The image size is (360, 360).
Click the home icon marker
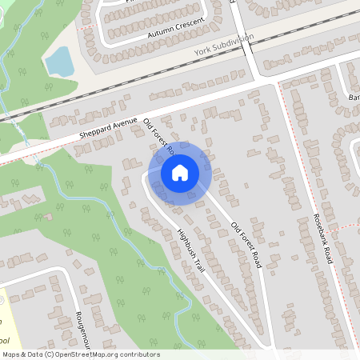click(x=180, y=173)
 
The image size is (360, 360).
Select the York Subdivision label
click(x=224, y=45)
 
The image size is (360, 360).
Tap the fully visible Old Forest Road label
click(x=247, y=244)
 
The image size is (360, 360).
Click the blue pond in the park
click(x=58, y=61)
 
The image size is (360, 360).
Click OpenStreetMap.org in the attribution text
click(x=84, y=354)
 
